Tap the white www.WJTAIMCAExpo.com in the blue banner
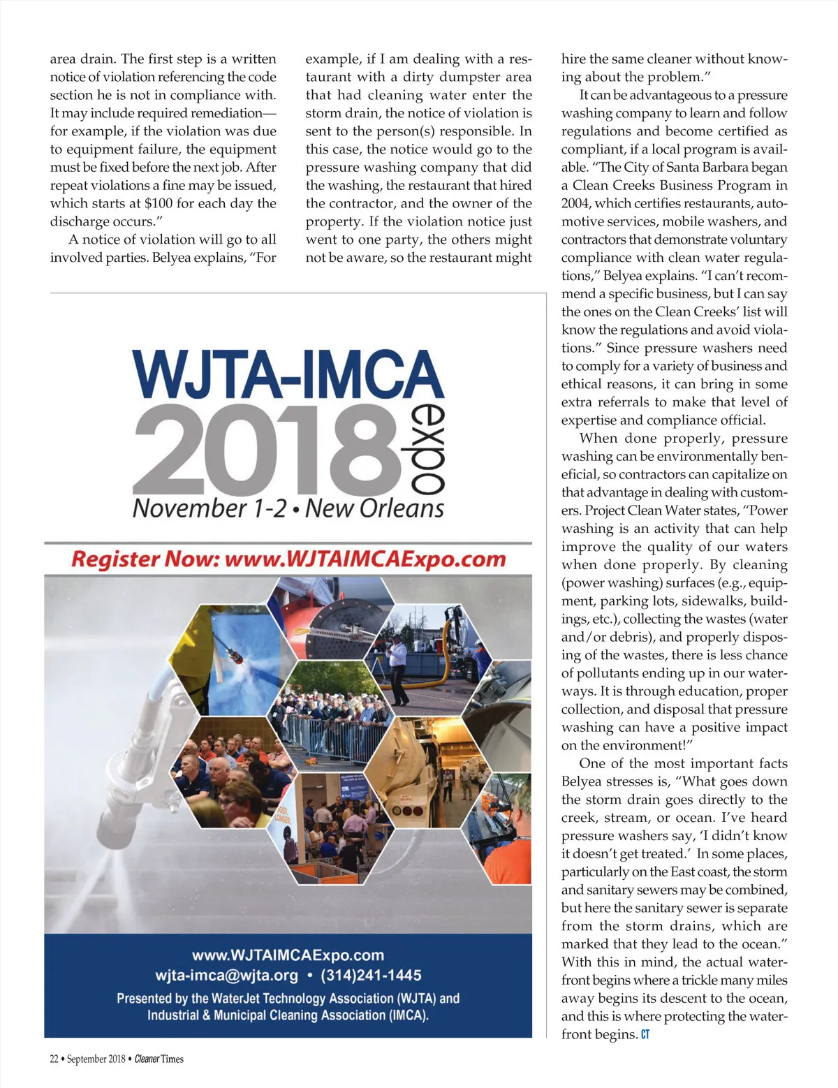(288, 955)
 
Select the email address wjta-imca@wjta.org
(226, 975)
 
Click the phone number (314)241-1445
(371, 975)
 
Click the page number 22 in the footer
(54, 1059)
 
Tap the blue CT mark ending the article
(645, 1034)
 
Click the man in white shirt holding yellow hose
(397, 656)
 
